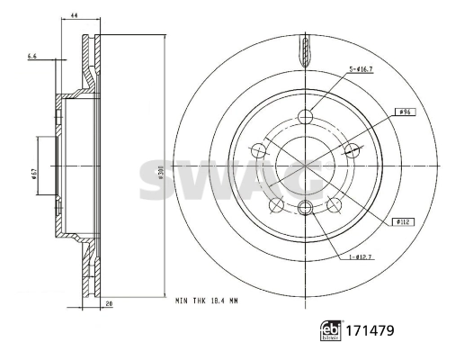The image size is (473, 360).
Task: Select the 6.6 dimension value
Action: point(33,57)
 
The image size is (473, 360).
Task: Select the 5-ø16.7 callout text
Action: point(361,69)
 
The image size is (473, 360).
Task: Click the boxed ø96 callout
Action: point(405,112)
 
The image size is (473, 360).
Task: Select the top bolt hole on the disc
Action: point(305,115)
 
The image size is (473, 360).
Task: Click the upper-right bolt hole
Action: point(352,149)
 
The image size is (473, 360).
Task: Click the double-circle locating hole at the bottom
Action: point(305,209)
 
